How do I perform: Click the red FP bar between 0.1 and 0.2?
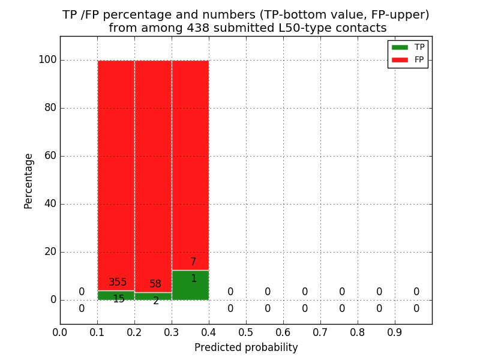click(116, 168)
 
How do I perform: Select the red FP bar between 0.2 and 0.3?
click(153, 168)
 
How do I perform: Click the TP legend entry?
click(408, 47)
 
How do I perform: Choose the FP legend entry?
click(408, 59)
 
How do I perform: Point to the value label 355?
click(118, 282)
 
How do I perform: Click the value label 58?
click(155, 284)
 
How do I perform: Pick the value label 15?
click(119, 299)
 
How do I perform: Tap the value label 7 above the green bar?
click(193, 262)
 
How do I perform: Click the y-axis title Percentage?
click(28, 181)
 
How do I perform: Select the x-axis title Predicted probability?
click(246, 347)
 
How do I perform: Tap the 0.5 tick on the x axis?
click(246, 331)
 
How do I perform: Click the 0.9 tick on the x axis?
click(395, 331)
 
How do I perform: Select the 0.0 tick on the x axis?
click(60, 331)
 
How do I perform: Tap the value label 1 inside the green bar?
click(193, 278)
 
